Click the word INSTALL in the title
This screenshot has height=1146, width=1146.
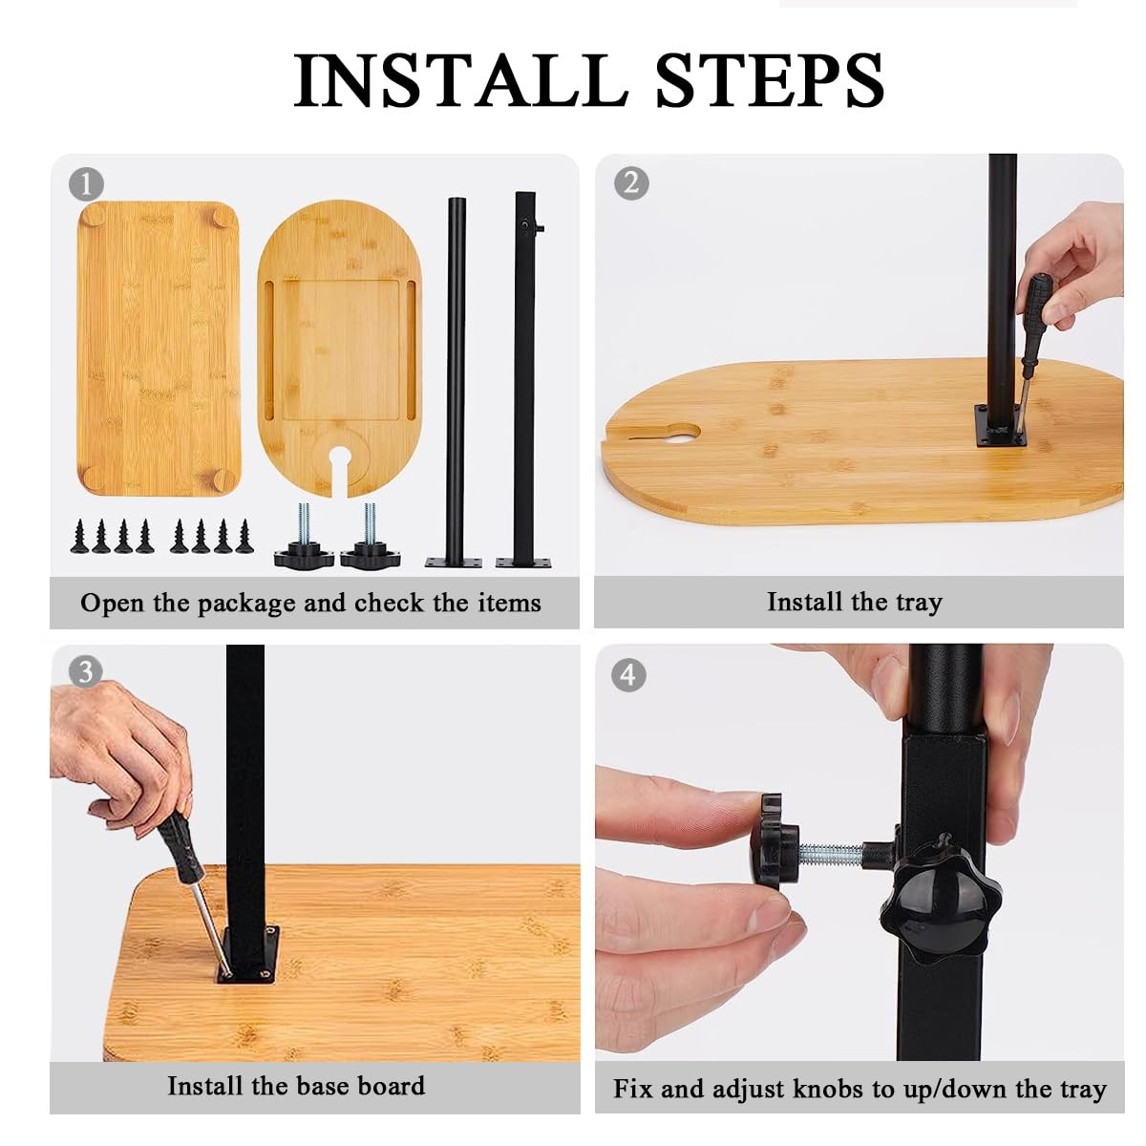click(x=461, y=79)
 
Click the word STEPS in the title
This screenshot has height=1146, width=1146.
click(x=769, y=79)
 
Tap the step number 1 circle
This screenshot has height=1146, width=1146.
click(x=86, y=183)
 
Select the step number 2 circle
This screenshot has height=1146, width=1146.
click(x=631, y=182)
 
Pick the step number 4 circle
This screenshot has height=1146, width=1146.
click(x=628, y=675)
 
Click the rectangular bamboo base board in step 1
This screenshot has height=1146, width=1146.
click(x=159, y=349)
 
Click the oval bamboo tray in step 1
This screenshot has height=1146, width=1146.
click(x=340, y=350)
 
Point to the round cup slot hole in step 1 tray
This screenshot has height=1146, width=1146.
click(x=340, y=456)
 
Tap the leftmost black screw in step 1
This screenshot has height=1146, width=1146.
click(x=79, y=537)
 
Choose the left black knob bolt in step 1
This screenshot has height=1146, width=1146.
click(x=304, y=535)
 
